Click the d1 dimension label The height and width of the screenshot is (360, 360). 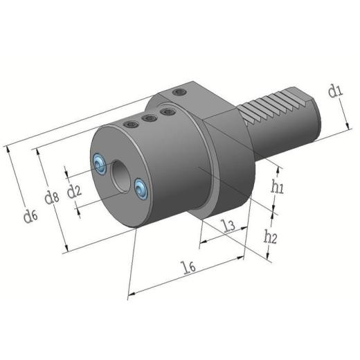click(x=336, y=90)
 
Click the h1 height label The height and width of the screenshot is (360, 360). click(x=278, y=185)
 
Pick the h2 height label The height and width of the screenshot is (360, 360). click(x=271, y=237)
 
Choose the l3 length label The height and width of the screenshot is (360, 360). click(x=224, y=225)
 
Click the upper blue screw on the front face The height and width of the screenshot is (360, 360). click(x=100, y=163)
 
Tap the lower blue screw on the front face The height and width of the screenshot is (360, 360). click(x=142, y=187)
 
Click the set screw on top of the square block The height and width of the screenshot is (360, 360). click(x=180, y=92)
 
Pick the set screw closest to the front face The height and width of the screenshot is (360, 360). click(x=130, y=125)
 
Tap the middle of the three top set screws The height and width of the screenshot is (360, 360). click(x=147, y=118)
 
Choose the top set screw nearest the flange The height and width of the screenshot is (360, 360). click(x=165, y=111)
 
